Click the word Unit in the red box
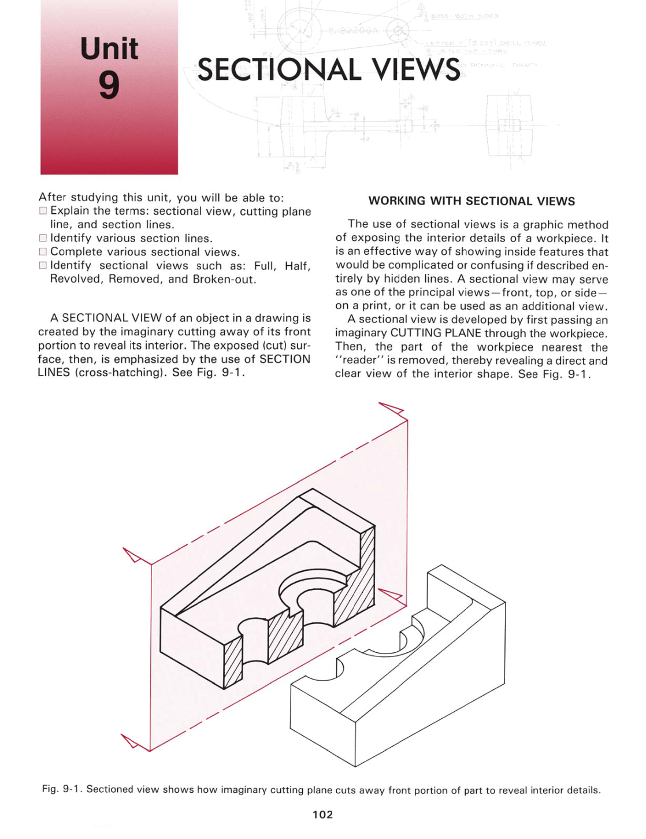coord(109,49)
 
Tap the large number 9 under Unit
coord(109,85)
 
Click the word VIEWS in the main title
coord(415,70)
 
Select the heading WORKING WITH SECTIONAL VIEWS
coord(471,201)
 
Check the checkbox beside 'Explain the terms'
coord(43,211)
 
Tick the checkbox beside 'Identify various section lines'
coord(43,238)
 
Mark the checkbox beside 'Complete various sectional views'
coord(43,252)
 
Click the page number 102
coord(322,815)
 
